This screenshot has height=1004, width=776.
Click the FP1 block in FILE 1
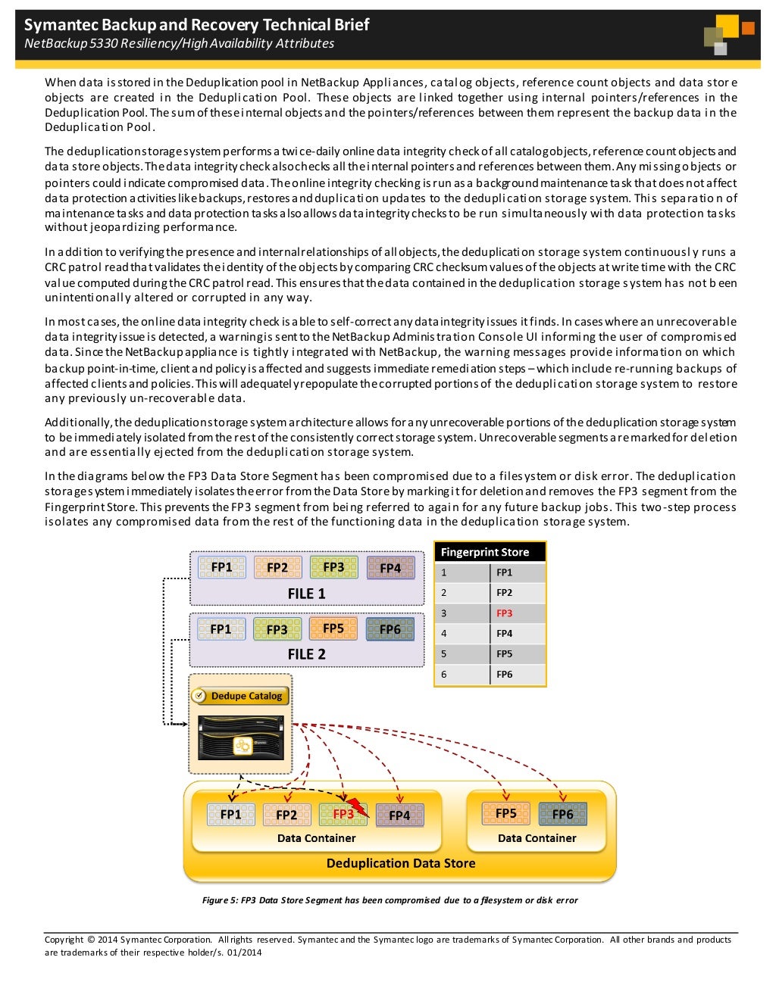(x=221, y=567)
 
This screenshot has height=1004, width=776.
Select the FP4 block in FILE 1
(x=390, y=568)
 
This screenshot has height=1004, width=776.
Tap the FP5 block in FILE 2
(x=333, y=628)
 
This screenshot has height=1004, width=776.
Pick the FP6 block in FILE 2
(x=390, y=629)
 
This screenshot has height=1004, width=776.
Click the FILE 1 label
(x=306, y=594)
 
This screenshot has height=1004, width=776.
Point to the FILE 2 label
(x=306, y=654)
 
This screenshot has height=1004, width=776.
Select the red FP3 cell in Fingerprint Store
(x=505, y=613)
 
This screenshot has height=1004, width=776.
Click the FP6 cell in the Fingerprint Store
(x=505, y=674)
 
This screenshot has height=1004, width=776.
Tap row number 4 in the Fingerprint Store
(x=444, y=633)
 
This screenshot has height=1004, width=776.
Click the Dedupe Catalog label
(x=246, y=696)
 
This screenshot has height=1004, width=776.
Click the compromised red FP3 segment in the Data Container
(x=343, y=814)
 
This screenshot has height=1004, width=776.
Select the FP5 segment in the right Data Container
(x=505, y=813)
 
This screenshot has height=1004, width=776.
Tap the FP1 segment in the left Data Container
(x=230, y=814)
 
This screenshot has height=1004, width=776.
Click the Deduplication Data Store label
(x=401, y=863)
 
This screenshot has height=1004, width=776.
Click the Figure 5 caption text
(x=390, y=900)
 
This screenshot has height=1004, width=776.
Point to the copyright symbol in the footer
(x=91, y=940)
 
